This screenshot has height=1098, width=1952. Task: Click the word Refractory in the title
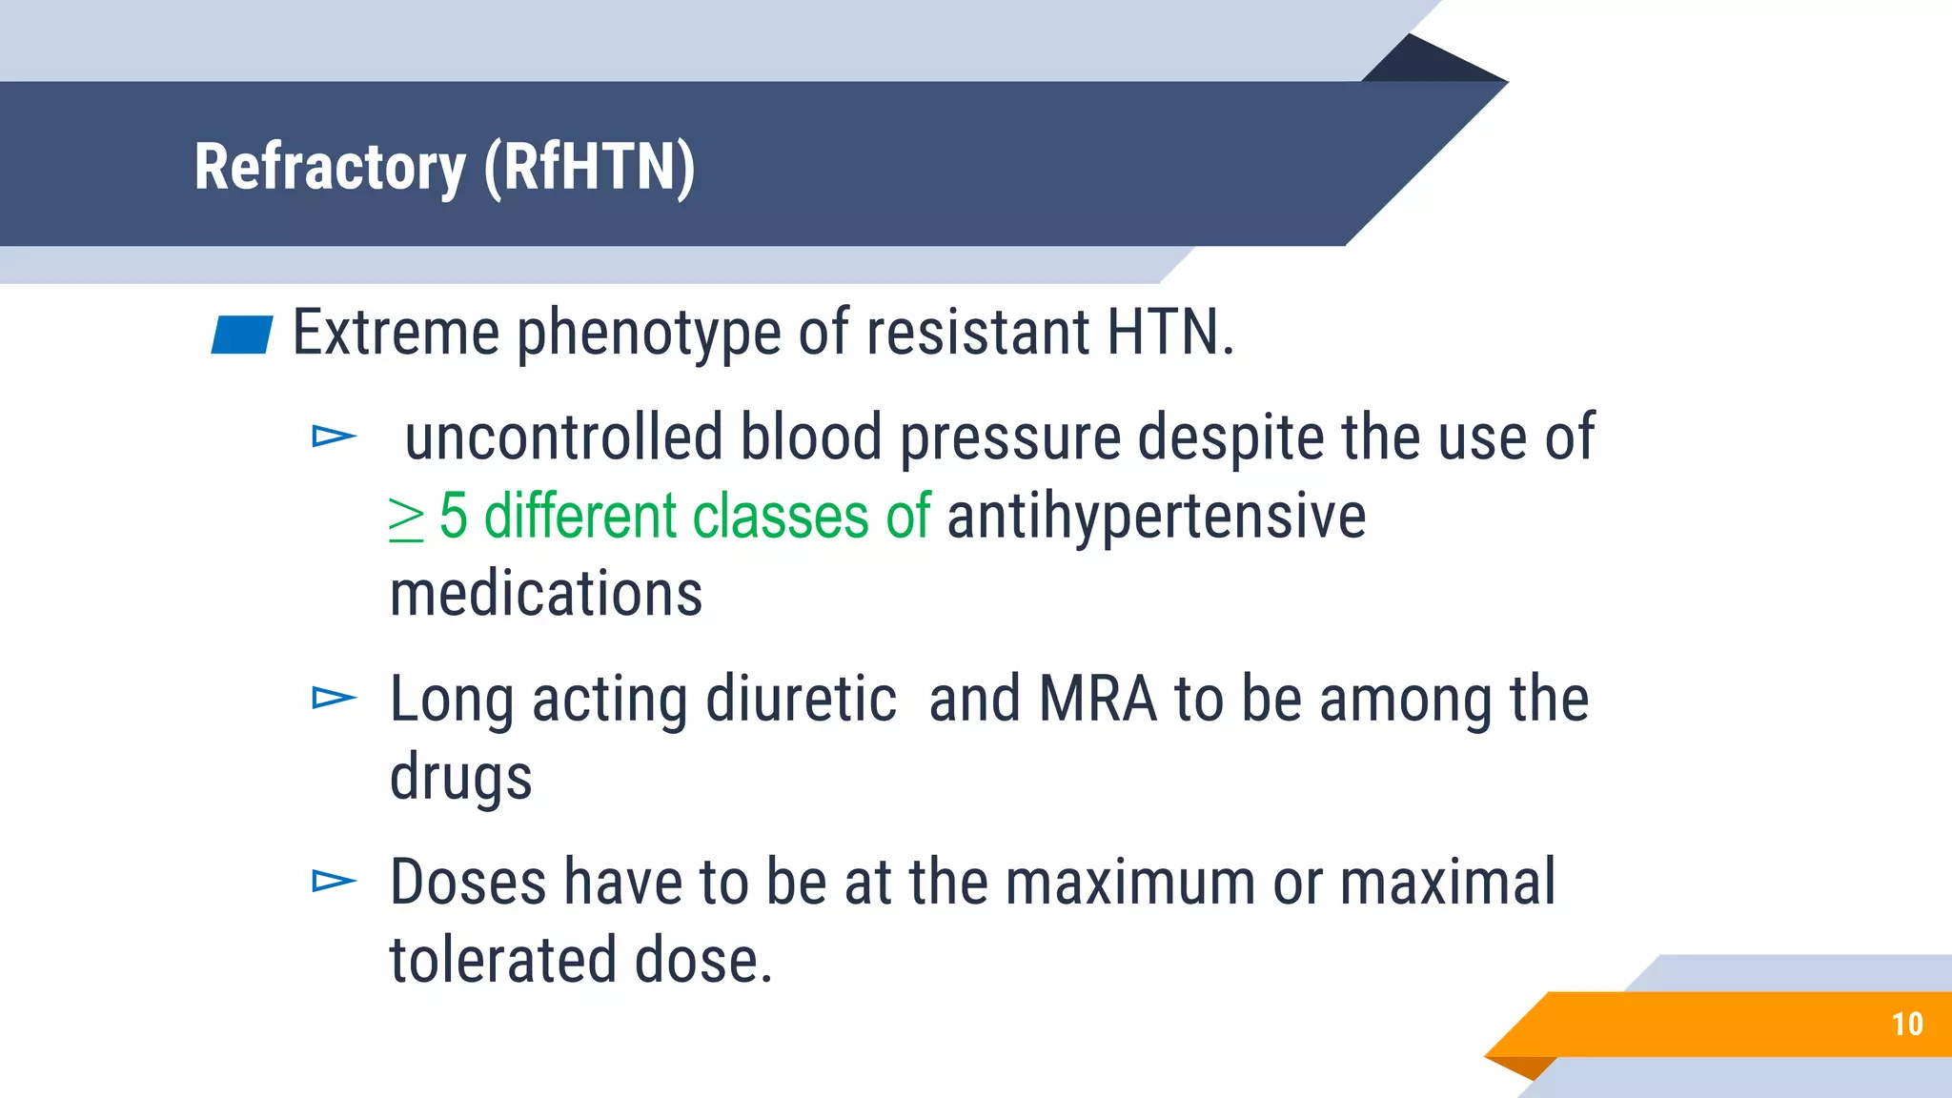[329, 168]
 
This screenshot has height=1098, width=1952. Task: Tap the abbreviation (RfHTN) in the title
[589, 168]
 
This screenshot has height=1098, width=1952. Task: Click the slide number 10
[1907, 1025]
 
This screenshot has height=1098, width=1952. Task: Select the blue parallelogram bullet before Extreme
[242, 335]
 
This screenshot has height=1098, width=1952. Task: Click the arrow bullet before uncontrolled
[334, 437]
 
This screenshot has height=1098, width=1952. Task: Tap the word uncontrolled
[563, 437]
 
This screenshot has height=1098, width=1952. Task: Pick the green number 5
[454, 517]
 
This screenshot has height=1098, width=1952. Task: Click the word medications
[546, 594]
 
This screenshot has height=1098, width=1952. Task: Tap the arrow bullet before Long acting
[334, 699]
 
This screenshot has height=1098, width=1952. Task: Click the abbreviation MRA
[1097, 700]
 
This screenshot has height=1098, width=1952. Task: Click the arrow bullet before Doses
[334, 882]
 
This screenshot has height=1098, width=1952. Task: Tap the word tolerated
[503, 960]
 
